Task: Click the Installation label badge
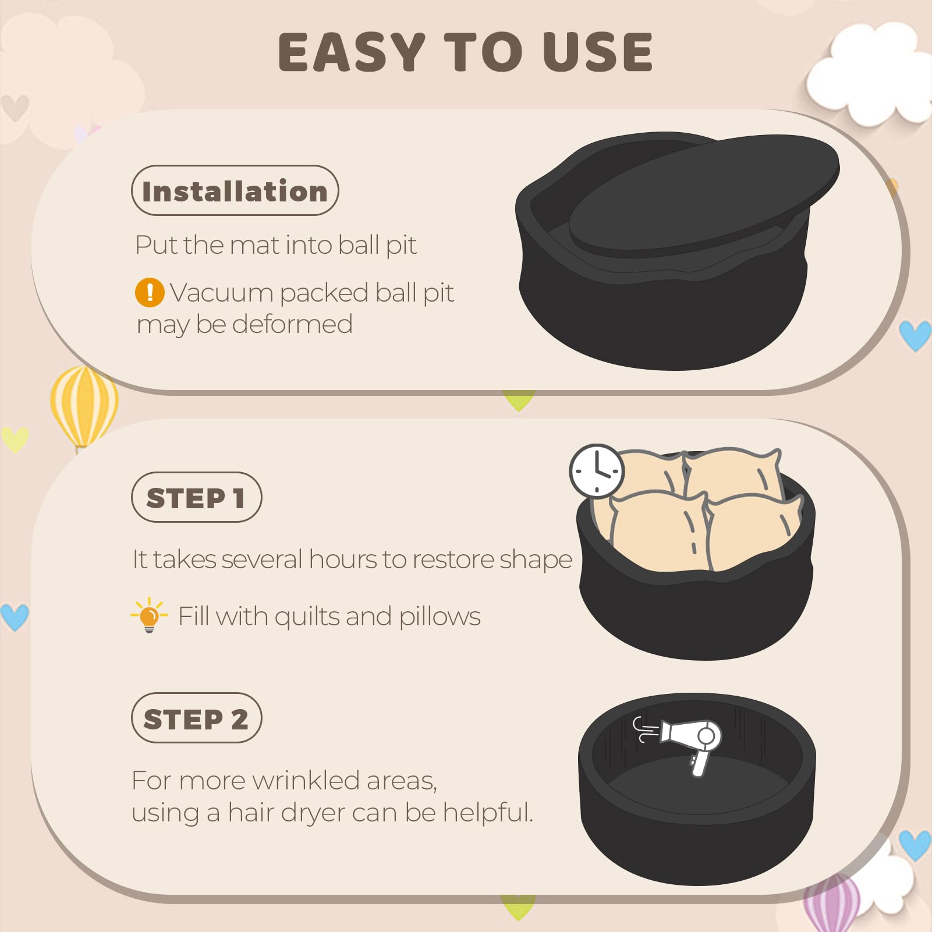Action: (x=235, y=190)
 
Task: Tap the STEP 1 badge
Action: (x=196, y=497)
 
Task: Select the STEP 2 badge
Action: (x=196, y=718)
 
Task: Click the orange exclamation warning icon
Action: (x=150, y=292)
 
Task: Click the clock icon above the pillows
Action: (x=597, y=471)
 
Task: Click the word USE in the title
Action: (x=597, y=52)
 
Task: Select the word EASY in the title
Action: (x=352, y=52)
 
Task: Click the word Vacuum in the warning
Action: (x=222, y=293)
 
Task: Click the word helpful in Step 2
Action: (x=487, y=813)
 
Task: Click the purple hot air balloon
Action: (x=831, y=902)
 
